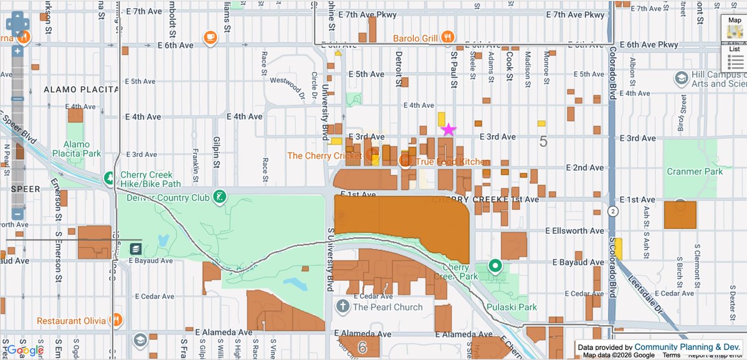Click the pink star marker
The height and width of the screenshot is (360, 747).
click(x=449, y=130)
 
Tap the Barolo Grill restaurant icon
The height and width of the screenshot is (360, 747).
click(x=447, y=38)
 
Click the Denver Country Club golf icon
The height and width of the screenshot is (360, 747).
click(x=219, y=197)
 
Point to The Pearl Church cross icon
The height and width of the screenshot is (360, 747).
click(x=342, y=306)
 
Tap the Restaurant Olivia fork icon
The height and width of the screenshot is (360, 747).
click(x=116, y=320)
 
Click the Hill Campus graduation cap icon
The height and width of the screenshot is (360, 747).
click(x=682, y=78)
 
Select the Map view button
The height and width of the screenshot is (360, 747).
click(x=735, y=29)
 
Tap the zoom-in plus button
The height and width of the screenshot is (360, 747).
click(x=17, y=51)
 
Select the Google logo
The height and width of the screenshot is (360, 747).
click(x=25, y=351)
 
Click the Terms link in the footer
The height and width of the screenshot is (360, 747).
click(x=671, y=355)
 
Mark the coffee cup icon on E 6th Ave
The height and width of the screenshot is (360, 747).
click(x=211, y=38)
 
